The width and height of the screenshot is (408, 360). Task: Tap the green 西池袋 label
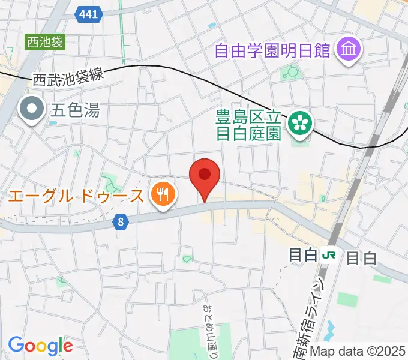coord(44,42)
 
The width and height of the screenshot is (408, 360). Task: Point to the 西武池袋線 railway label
coord(68,76)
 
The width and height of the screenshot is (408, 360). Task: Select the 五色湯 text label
coord(75,110)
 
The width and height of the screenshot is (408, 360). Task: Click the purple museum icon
coord(348,50)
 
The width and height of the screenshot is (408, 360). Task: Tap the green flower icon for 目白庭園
coord(300,123)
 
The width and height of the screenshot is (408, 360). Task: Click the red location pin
coord(205,176)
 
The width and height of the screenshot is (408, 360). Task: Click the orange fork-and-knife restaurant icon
coord(162,194)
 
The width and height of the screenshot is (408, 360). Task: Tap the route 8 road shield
coord(121,223)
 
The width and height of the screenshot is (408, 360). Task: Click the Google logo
coord(40,346)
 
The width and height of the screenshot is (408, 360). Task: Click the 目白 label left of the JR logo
coord(303,256)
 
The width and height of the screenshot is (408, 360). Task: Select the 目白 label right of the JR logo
coord(361,259)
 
